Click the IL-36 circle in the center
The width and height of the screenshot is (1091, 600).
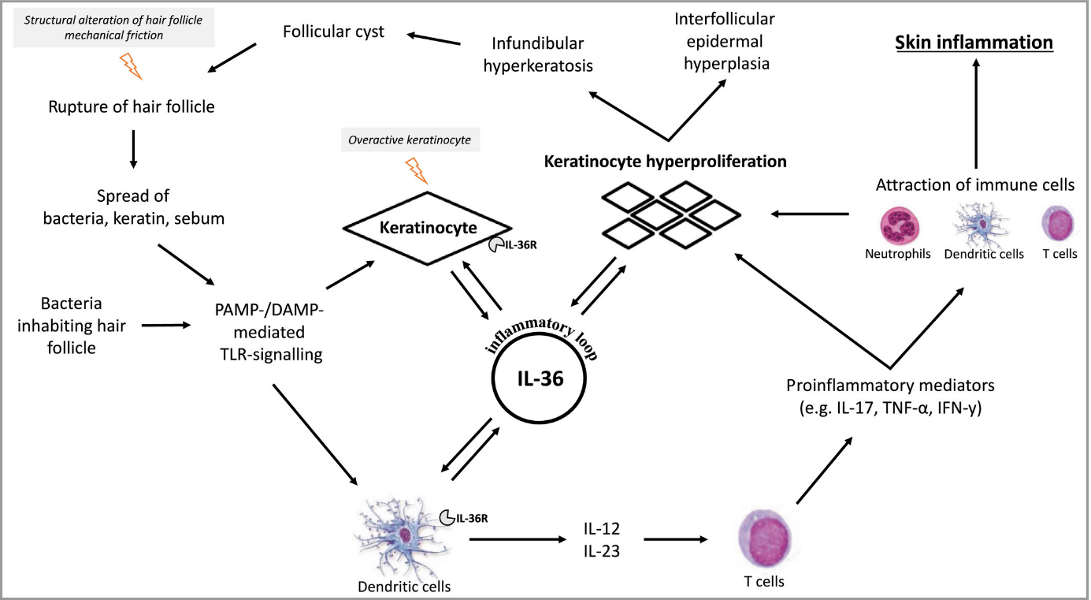pos(539,378)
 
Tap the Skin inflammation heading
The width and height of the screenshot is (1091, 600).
pos(976,42)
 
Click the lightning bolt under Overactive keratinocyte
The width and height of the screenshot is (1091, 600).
pos(415,171)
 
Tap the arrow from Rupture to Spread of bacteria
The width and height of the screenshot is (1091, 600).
pos(132,147)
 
